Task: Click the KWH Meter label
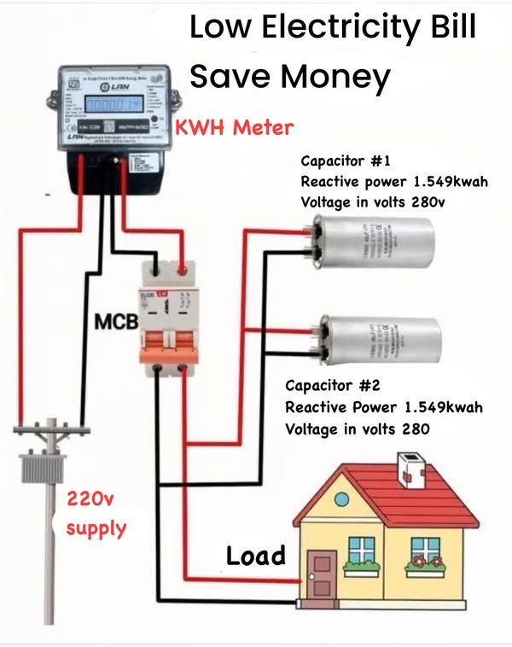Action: (235, 129)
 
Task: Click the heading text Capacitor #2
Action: (332, 385)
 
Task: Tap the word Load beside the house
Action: (255, 557)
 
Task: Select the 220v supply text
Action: (96, 512)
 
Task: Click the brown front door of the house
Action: (323, 574)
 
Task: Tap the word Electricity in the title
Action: (335, 28)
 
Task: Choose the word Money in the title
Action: (336, 76)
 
